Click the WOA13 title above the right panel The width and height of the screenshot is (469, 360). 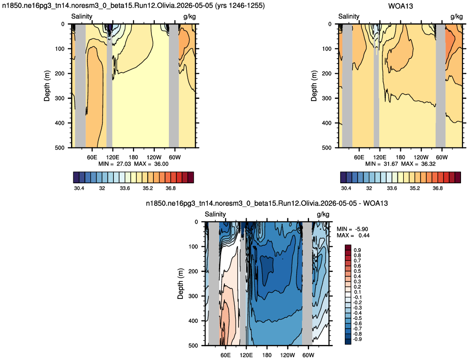pos(400,6)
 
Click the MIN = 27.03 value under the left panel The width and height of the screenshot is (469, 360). pos(115,164)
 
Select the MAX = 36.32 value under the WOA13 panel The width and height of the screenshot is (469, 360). pos(418,164)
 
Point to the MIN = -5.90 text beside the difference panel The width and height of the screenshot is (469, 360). pos(352,229)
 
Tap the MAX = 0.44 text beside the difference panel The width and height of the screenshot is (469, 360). pos(353,236)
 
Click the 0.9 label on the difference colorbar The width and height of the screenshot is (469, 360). pos(357,250)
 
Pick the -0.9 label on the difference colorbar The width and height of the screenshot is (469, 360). pos(357,339)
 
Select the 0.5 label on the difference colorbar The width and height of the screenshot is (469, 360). pos(357,271)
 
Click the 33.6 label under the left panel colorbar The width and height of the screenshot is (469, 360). pos(125,188)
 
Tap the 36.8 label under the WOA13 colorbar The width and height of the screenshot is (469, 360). pos(437,188)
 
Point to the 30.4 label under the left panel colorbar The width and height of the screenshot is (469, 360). pos(79,188)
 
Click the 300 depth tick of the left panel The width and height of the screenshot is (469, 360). pos(60,98)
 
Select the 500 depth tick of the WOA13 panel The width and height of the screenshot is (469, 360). pos(327,148)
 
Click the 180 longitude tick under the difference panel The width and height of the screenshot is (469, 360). pos(267,355)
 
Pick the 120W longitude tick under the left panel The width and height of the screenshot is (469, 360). pos(154,157)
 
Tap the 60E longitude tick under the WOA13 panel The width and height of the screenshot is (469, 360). pos(359,157)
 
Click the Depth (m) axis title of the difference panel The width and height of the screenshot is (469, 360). pos(180,283)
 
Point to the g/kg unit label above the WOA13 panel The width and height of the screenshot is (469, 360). pos(457,16)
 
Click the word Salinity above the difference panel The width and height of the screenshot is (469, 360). pos(215,214)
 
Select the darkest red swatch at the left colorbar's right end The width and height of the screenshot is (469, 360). pos(191,177)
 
